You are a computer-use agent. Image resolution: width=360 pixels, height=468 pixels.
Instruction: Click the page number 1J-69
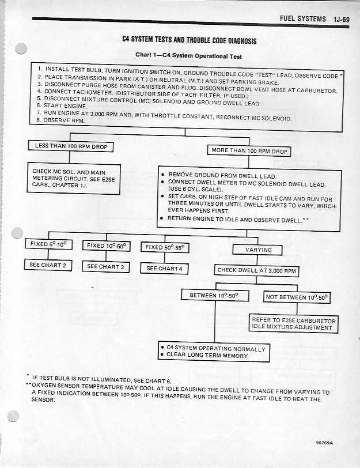pyautogui.click(x=341, y=19)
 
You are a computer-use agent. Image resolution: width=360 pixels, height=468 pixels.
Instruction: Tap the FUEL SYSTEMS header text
pyautogui.click(x=302, y=19)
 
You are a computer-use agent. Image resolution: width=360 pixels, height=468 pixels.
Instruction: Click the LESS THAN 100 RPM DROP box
pyautogui.click(x=71, y=146)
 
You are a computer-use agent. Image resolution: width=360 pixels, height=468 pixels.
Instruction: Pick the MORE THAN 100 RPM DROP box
pyautogui.click(x=248, y=151)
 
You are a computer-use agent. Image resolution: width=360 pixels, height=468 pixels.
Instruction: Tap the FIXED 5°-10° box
pyautogui.click(x=49, y=244)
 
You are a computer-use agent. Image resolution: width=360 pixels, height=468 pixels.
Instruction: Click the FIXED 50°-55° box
pyautogui.click(x=164, y=247)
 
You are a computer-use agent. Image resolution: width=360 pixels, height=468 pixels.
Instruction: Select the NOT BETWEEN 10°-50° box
pyautogui.click(x=297, y=297)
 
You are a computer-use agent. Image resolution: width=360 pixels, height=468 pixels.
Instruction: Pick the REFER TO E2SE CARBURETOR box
pyautogui.click(x=293, y=323)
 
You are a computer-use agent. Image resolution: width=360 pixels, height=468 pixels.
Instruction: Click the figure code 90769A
pyautogui.click(x=325, y=443)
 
